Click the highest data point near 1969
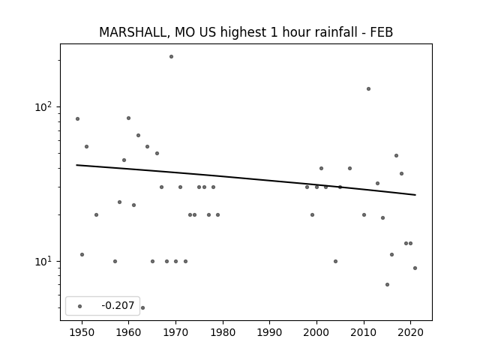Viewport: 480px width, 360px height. pos(172,57)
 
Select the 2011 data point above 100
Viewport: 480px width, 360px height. pos(368,88)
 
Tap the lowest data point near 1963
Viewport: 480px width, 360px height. pos(142,307)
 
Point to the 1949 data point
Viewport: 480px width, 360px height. pos(77,118)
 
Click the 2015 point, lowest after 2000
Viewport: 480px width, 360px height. pos(387,284)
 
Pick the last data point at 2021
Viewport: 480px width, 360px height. pos(415,268)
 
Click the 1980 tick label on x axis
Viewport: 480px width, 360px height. pos(223,332)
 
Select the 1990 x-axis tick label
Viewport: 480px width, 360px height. pos(270,332)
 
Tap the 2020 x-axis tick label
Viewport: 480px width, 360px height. pos(410,332)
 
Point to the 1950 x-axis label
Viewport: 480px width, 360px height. pos(82,332)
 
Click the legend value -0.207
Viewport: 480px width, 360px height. pos(118,305)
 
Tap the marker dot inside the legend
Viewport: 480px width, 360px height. pos(80,306)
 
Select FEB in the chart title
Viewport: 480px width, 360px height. pos(382,32)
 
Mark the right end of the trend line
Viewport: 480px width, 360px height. pos(415,195)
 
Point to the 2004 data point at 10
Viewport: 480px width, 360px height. pos(335,261)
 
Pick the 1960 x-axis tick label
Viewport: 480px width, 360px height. pos(128,332)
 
